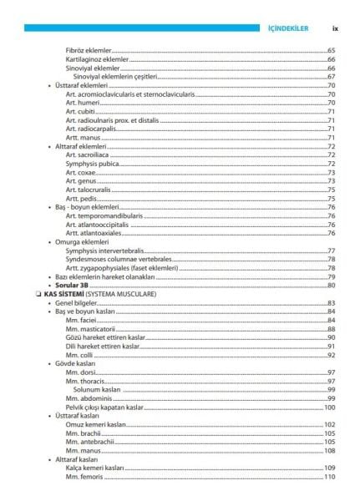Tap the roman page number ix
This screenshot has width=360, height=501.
[x=331, y=28]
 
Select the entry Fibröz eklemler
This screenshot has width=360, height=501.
[x=89, y=51]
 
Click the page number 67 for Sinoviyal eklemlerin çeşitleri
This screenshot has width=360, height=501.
[x=331, y=77]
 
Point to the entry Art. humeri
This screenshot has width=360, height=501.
[x=82, y=103]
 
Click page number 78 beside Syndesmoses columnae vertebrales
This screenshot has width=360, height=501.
[x=331, y=260]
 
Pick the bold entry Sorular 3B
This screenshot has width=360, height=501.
[x=73, y=286]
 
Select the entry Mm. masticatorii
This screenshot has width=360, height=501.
[x=90, y=329]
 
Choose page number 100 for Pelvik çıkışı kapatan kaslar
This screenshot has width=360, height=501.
[x=329, y=407]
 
